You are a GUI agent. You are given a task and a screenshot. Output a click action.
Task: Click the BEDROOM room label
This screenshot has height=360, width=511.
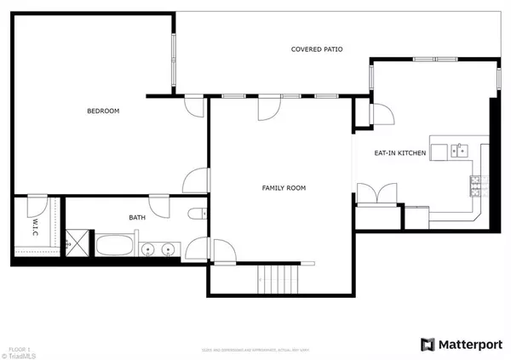click(103, 111)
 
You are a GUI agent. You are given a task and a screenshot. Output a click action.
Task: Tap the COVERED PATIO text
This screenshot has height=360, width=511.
click(317, 49)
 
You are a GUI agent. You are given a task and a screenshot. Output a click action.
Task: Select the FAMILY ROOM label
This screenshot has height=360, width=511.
click(283, 188)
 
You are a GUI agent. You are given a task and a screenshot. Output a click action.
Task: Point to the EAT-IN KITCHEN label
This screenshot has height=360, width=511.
click(400, 153)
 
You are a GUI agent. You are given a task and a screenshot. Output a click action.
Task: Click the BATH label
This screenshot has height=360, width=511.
click(137, 218)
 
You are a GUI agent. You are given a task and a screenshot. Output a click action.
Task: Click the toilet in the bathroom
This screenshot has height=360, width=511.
click(194, 214)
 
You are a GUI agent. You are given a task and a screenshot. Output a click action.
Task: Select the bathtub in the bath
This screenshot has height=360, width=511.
click(114, 248)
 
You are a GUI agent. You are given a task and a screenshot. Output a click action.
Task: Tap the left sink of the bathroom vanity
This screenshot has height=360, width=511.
click(150, 249)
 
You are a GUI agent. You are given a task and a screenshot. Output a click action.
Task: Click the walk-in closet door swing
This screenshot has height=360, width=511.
click(37, 207)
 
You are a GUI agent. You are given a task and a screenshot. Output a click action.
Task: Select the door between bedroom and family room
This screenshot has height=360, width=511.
click(196, 180)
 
